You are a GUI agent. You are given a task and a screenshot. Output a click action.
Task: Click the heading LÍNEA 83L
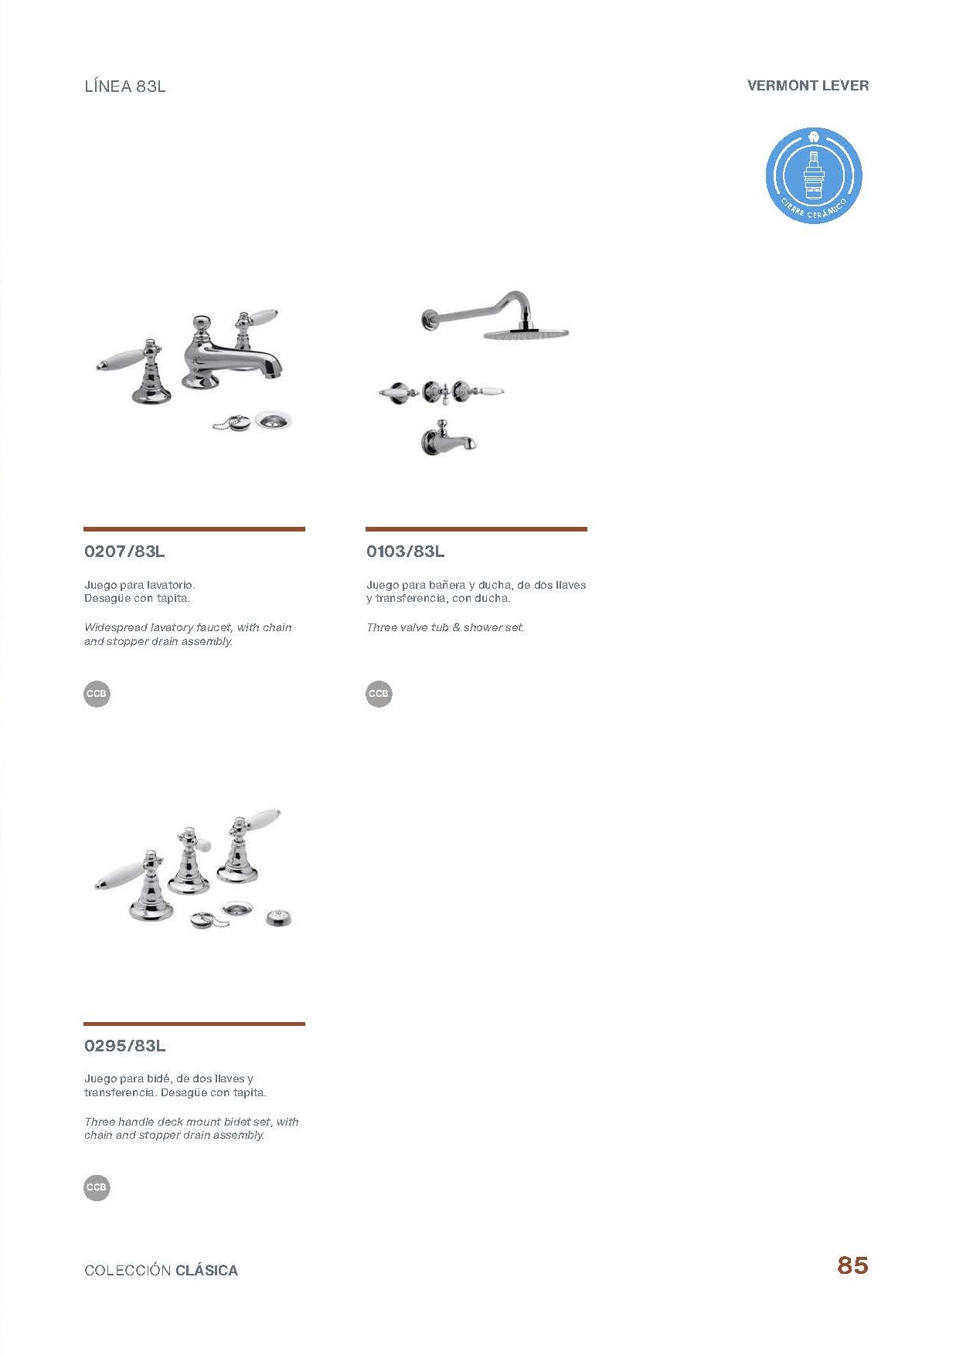click(x=125, y=87)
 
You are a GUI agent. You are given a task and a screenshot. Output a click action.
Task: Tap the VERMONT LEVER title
click(x=808, y=86)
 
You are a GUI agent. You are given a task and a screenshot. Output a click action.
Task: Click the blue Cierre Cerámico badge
click(x=814, y=176)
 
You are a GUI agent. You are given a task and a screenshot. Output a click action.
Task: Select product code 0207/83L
click(x=124, y=552)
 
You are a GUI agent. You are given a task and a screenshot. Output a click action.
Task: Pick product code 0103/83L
click(x=406, y=552)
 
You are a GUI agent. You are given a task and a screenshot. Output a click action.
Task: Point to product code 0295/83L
click(x=125, y=1046)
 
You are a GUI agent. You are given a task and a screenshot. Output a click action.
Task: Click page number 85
click(x=852, y=1265)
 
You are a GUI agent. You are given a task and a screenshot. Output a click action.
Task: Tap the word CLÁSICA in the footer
click(x=206, y=1271)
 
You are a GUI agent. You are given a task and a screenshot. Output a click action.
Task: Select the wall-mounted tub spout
click(x=448, y=439)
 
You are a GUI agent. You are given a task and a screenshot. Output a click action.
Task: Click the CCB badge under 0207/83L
click(x=97, y=694)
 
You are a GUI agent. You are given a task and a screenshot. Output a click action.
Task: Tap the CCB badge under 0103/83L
click(x=379, y=694)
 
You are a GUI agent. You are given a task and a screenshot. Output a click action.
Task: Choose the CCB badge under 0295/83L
click(x=97, y=1187)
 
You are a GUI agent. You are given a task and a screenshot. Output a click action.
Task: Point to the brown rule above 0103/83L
click(x=476, y=529)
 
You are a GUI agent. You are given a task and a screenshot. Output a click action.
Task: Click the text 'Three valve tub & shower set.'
click(x=445, y=627)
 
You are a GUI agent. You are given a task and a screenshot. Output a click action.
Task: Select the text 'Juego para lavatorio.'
click(x=140, y=585)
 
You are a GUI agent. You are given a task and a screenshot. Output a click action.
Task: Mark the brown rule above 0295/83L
click(x=194, y=1024)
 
